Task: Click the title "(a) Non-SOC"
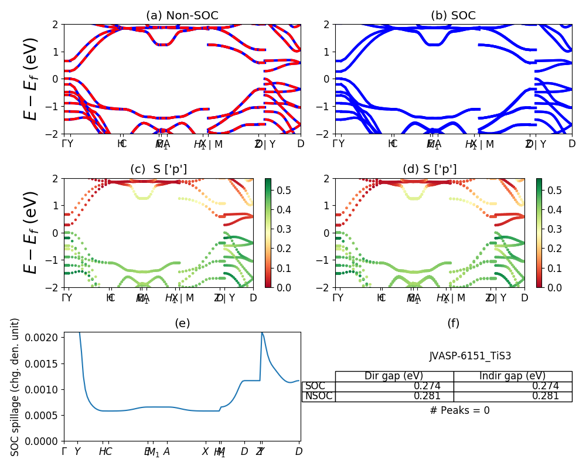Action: (182, 16)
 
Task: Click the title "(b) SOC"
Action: (453, 16)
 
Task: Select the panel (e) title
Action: (182, 323)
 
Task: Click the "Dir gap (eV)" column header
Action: (394, 376)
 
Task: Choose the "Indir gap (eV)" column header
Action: (512, 376)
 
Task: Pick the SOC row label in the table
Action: (315, 386)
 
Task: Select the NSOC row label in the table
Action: (318, 396)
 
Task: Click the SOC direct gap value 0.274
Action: (427, 386)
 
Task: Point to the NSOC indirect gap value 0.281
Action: (545, 396)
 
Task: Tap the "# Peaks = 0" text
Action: (459, 410)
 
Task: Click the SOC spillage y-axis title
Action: (15, 387)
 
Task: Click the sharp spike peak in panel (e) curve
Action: (261, 333)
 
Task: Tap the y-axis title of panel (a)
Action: (30, 79)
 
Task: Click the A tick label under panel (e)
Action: (166, 451)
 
